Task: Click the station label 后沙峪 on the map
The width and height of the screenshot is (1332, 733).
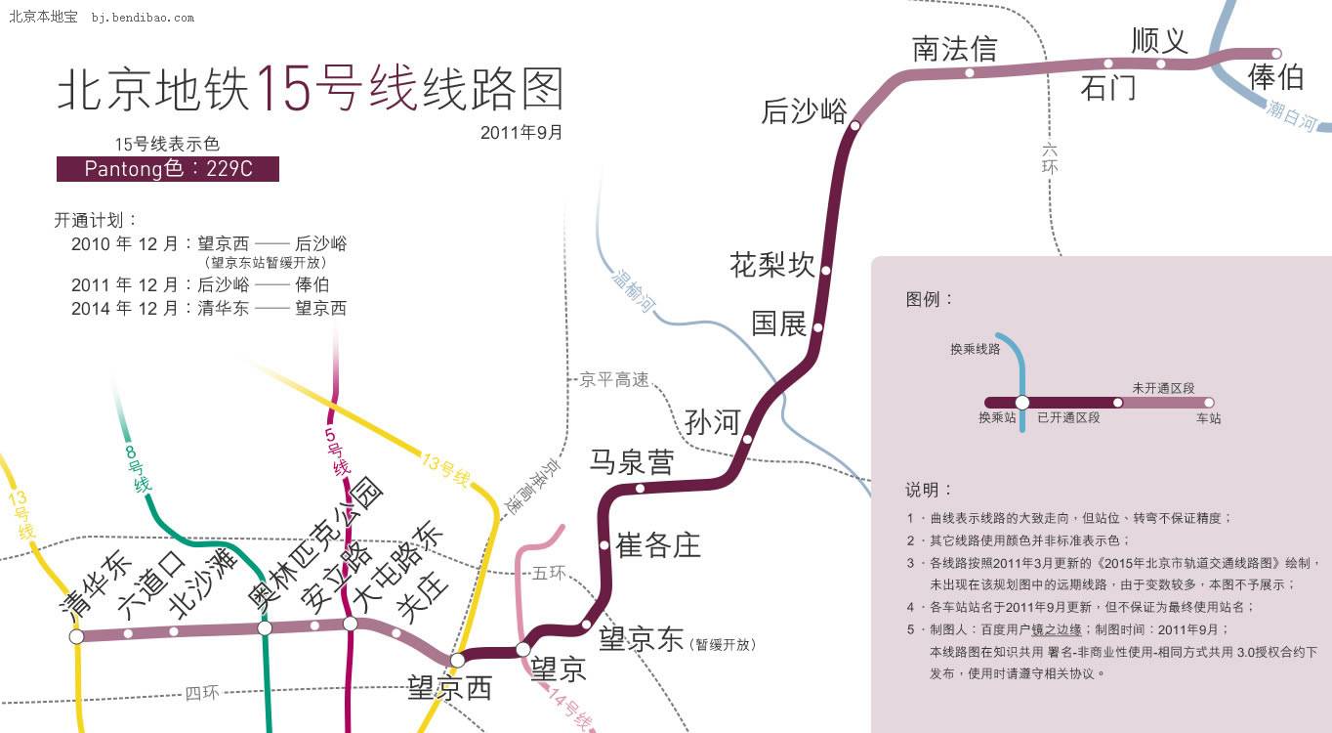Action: pyautogui.click(x=804, y=110)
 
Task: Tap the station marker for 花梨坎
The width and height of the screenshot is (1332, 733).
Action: pyautogui.click(x=825, y=271)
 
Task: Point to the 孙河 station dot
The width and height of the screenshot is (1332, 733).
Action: pyautogui.click(x=747, y=440)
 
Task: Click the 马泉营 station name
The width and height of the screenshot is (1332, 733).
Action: pyautogui.click(x=632, y=462)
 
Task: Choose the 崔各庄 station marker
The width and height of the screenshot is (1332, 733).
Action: pyautogui.click(x=604, y=545)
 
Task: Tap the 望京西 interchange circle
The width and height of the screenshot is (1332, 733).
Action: pyautogui.click(x=457, y=660)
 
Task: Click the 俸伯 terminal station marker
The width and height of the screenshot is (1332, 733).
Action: pyautogui.click(x=1276, y=54)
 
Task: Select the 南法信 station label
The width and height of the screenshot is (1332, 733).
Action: pyautogui.click(x=955, y=49)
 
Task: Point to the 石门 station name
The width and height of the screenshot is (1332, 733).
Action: pyautogui.click(x=1107, y=88)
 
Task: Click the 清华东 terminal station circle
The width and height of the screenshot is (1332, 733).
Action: pyautogui.click(x=77, y=636)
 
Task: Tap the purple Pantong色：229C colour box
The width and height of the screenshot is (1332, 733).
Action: pyautogui.click(x=168, y=169)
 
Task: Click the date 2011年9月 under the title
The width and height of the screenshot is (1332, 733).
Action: pyautogui.click(x=520, y=132)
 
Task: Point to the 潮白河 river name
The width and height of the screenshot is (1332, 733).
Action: pyautogui.click(x=1292, y=115)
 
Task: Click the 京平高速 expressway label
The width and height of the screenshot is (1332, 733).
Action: pyautogui.click(x=613, y=379)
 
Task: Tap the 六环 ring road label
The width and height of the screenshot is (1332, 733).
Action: pyautogui.click(x=1050, y=158)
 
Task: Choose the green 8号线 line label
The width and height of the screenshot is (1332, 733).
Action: pyautogui.click(x=138, y=469)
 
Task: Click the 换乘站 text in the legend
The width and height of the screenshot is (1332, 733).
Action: pyautogui.click(x=997, y=417)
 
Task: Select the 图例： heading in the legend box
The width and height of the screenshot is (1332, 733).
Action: pyautogui.click(x=929, y=299)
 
